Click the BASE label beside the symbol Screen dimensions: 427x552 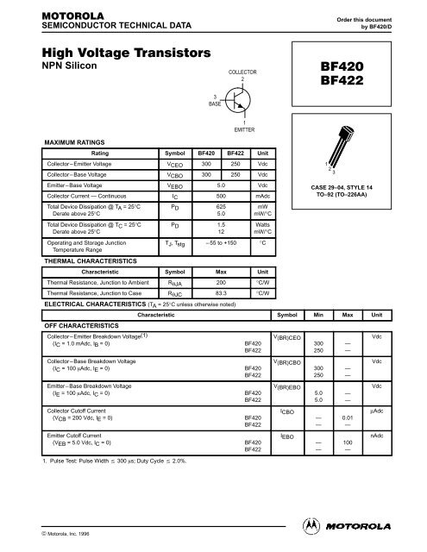(x=216, y=103)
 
